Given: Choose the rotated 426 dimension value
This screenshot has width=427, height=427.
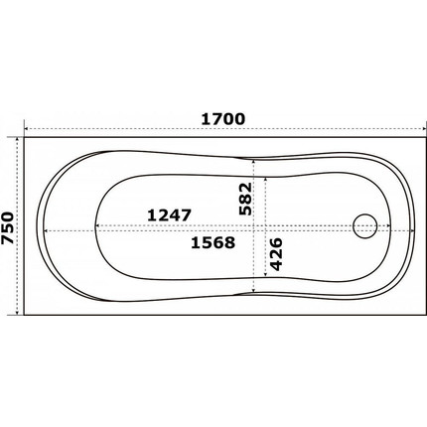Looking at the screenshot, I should pos(278,256).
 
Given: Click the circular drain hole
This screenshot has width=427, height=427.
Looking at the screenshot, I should pos(365,228).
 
